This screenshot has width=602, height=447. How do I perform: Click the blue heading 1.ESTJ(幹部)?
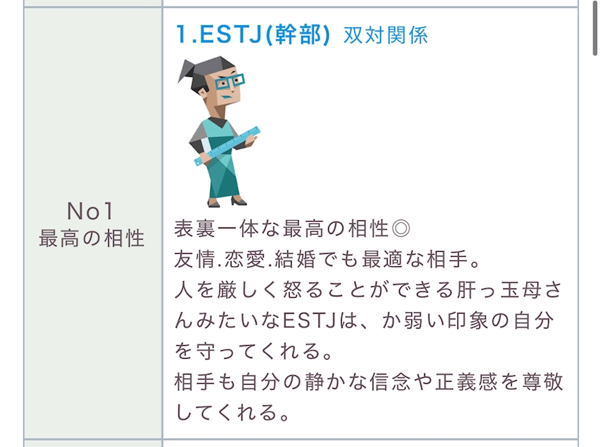(253, 34)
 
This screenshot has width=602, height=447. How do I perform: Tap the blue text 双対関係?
(386, 35)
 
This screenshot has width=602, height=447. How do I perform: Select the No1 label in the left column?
(90, 211)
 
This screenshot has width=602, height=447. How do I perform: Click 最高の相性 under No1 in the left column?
(92, 238)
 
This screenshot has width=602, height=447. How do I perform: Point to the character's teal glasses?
(229, 82)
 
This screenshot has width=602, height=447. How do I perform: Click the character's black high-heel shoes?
(227, 202)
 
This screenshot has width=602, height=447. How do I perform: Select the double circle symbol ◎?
(401, 229)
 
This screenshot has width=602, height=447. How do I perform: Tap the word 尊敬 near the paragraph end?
(542, 382)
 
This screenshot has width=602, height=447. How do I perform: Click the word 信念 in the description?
(390, 382)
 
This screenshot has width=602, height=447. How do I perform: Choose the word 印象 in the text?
(467, 321)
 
